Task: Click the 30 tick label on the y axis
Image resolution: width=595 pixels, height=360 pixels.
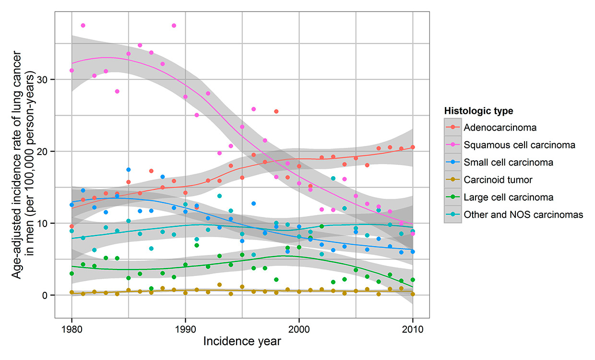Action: point(45,79)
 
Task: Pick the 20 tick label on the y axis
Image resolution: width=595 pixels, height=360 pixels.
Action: point(45,151)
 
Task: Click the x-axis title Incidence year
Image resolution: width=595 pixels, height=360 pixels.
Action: point(242,342)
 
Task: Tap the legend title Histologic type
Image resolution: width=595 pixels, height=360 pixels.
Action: point(478,111)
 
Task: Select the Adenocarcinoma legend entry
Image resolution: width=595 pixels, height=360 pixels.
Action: point(500,128)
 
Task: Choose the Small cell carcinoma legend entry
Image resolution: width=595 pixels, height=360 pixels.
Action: point(508,162)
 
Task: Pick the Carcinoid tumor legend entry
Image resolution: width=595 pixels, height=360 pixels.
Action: point(498,180)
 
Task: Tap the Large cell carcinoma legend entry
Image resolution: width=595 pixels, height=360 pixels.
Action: point(508,197)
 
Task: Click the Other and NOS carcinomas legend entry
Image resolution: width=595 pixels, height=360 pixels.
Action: point(523,215)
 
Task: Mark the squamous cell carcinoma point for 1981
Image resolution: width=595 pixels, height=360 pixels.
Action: point(83,25)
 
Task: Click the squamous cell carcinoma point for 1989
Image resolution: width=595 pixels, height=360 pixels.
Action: point(174,25)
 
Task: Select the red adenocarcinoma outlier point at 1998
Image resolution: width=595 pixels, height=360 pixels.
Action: point(276,111)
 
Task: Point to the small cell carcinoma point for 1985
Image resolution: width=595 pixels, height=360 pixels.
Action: point(129,170)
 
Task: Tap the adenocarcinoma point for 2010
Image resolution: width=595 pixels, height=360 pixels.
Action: point(413,147)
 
